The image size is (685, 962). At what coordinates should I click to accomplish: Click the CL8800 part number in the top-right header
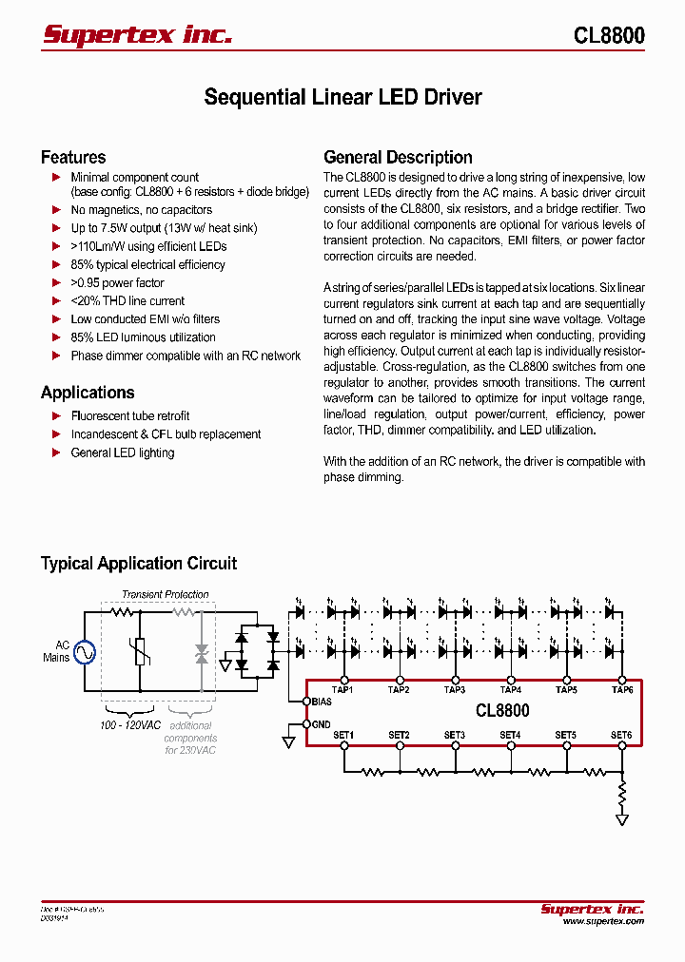609,36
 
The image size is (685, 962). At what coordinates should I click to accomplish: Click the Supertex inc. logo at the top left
137,35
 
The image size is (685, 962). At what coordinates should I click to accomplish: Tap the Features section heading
73,158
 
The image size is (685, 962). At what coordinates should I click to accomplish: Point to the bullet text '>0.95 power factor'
117,283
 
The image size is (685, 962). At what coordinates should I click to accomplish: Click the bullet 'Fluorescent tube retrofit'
130,416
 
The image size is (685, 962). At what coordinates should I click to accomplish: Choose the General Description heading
398,158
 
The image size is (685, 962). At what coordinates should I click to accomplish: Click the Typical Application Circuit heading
139,564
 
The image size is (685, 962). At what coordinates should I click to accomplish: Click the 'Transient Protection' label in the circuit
165,594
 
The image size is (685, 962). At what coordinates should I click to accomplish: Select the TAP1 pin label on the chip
342,689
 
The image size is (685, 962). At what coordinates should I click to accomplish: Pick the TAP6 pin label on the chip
622,689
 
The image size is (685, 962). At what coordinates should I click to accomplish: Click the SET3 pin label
454,735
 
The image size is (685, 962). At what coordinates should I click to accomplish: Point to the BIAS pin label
323,702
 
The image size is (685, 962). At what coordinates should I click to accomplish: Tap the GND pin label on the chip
322,724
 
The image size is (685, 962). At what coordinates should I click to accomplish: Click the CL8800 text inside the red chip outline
501,711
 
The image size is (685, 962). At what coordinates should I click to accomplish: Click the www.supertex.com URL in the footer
602,921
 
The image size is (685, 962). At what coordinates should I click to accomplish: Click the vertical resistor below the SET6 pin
622,791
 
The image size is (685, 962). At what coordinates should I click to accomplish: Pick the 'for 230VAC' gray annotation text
190,750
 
